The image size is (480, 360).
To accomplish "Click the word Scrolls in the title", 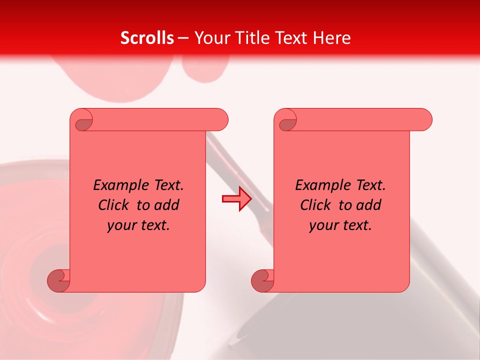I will tap(147, 38).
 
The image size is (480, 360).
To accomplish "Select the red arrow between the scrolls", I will tap(236, 199).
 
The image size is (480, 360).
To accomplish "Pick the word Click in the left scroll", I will tap(109, 205).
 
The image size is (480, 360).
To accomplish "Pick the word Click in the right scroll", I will tap(311, 205).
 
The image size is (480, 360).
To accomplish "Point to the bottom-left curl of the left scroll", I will tap(59, 281).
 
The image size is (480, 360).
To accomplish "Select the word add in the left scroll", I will tap(167, 205).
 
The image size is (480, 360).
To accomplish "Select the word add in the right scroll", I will tap(369, 205).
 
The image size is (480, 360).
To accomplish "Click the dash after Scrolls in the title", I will tap(183, 38).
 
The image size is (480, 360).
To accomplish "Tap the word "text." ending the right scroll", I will tap(356, 225).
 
